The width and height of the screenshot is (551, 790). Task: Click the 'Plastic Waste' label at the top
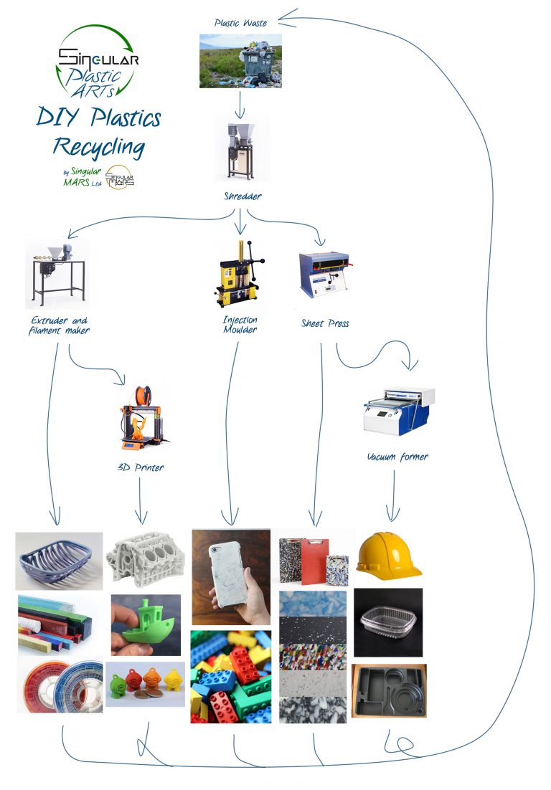pos(240,23)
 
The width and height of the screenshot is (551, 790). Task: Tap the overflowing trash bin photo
pos(240,61)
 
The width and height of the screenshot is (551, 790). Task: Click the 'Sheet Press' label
pos(325,323)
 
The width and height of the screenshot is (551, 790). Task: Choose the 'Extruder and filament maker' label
pos(60,325)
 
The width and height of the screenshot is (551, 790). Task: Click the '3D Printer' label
pos(141,467)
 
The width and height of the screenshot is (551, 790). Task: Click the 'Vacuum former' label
pos(397,457)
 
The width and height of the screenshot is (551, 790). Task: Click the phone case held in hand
pos(231,577)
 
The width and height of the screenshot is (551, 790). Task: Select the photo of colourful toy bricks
pos(231,676)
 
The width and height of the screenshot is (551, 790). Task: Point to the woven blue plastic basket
pos(59,561)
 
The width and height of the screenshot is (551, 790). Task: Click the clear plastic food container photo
pos(388,622)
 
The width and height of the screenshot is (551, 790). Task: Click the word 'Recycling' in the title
pos(99,148)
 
